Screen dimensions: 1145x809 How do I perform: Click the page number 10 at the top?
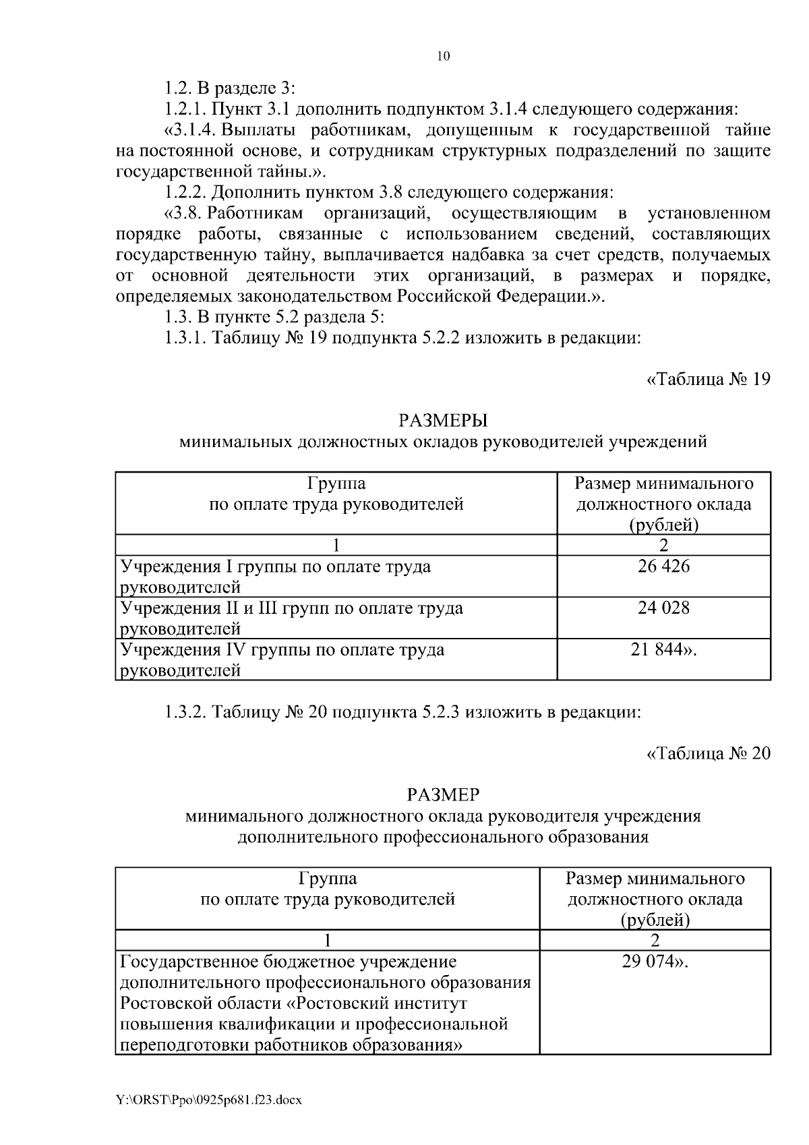tap(443, 56)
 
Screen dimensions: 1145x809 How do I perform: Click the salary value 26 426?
tap(663, 566)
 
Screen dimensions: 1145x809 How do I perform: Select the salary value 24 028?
tap(663, 608)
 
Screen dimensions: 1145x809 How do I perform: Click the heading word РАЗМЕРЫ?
tap(443, 421)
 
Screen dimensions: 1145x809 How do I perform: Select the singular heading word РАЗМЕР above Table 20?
tap(443, 795)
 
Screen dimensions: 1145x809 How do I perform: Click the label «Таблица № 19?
tap(708, 379)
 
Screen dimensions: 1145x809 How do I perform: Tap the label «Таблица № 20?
tap(708, 753)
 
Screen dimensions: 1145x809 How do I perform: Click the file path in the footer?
tap(209, 1100)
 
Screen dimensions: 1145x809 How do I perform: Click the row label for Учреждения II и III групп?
tap(291, 618)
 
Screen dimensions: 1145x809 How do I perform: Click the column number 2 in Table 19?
tap(663, 546)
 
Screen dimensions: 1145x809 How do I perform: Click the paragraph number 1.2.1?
tap(186, 109)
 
